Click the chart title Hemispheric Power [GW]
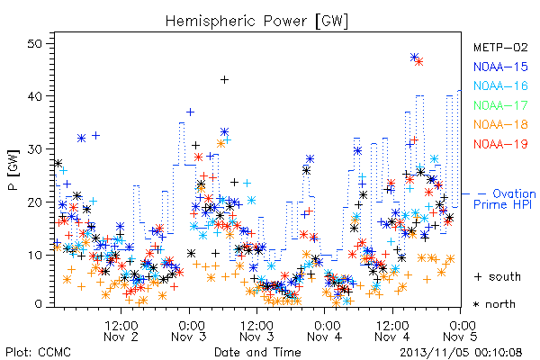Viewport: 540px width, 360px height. coord(256,22)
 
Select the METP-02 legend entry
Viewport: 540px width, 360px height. coord(500,47)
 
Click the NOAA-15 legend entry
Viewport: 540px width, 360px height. coord(500,67)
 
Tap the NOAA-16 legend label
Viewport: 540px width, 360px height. coord(500,85)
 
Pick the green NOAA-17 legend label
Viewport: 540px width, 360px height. coord(500,105)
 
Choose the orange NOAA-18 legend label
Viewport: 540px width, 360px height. coord(500,124)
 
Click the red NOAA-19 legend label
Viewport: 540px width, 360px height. coord(500,144)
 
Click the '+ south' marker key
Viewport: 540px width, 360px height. coord(498,276)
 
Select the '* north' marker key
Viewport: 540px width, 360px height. coord(494,304)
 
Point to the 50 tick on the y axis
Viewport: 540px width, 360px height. coord(35,44)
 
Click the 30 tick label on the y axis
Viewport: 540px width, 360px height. coord(35,149)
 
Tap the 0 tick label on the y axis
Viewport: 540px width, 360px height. coord(38,304)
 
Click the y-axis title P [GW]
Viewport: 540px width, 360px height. coord(13,170)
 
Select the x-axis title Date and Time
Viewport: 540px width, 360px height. coord(257,352)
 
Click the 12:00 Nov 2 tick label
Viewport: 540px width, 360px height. coord(121,331)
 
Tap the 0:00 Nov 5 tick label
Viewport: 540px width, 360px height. coord(461,331)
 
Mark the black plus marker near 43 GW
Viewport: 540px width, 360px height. coord(224,80)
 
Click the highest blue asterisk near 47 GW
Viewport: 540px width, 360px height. coord(415,58)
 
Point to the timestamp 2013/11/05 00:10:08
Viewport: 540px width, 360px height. coord(461,353)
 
